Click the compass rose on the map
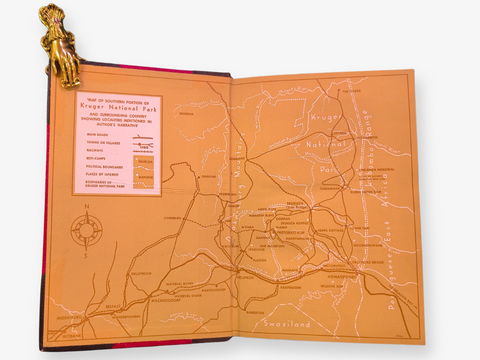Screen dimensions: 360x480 86,230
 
